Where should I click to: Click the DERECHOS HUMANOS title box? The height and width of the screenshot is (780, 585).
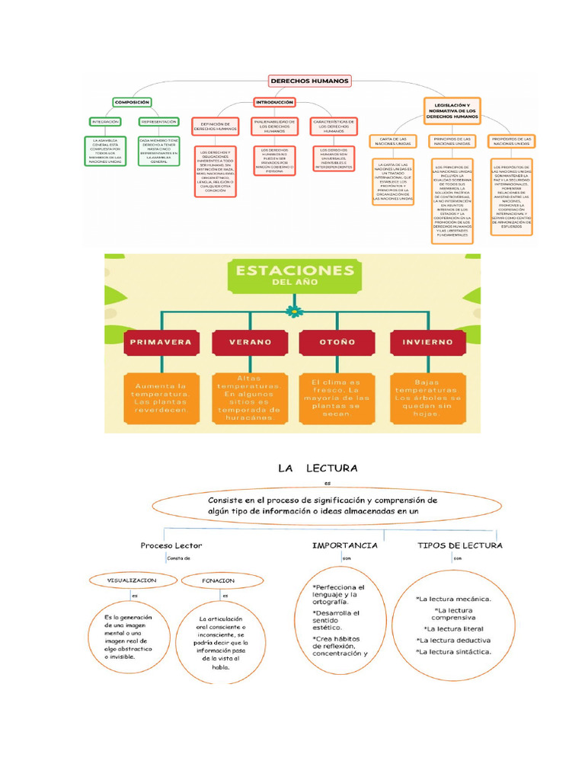(309, 80)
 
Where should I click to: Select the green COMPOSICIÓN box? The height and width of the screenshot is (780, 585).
(132, 101)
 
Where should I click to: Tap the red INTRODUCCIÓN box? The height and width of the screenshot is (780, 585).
(274, 102)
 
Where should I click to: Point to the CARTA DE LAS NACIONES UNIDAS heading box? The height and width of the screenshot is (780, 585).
(393, 141)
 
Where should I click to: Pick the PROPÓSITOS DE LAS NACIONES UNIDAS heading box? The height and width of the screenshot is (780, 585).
(512, 141)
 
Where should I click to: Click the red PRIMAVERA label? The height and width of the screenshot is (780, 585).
(161, 343)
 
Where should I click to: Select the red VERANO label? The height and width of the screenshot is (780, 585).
(250, 343)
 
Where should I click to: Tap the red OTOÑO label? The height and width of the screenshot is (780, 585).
(338, 343)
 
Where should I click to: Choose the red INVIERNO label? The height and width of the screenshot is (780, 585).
(427, 343)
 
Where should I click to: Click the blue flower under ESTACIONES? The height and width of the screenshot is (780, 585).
(293, 311)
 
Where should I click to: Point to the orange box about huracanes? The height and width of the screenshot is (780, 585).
(248, 398)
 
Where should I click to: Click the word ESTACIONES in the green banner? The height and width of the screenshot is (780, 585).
(294, 270)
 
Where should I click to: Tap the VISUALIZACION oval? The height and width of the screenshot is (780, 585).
(132, 580)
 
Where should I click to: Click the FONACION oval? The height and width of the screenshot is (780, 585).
(219, 580)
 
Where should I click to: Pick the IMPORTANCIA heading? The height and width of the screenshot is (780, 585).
(345, 545)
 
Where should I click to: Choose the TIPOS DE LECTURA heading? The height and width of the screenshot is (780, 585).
(459, 545)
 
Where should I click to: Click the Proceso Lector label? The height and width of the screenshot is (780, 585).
(171, 545)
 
